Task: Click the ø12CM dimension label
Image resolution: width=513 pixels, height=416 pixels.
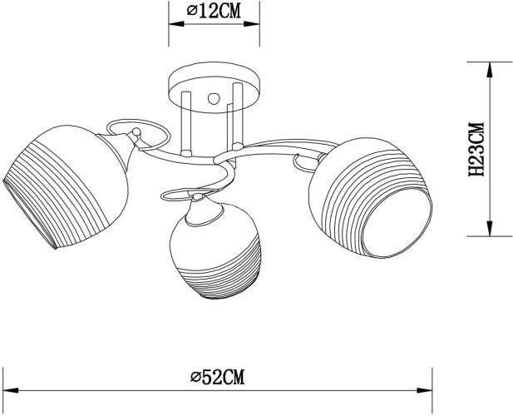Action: click(215, 11)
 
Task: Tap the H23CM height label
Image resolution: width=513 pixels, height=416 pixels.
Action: click(476, 150)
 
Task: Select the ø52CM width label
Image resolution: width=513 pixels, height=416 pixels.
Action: click(218, 376)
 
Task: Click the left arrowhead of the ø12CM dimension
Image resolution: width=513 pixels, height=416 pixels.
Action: click(175, 25)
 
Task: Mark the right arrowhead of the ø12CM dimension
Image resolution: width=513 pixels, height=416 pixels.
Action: click(255, 25)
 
